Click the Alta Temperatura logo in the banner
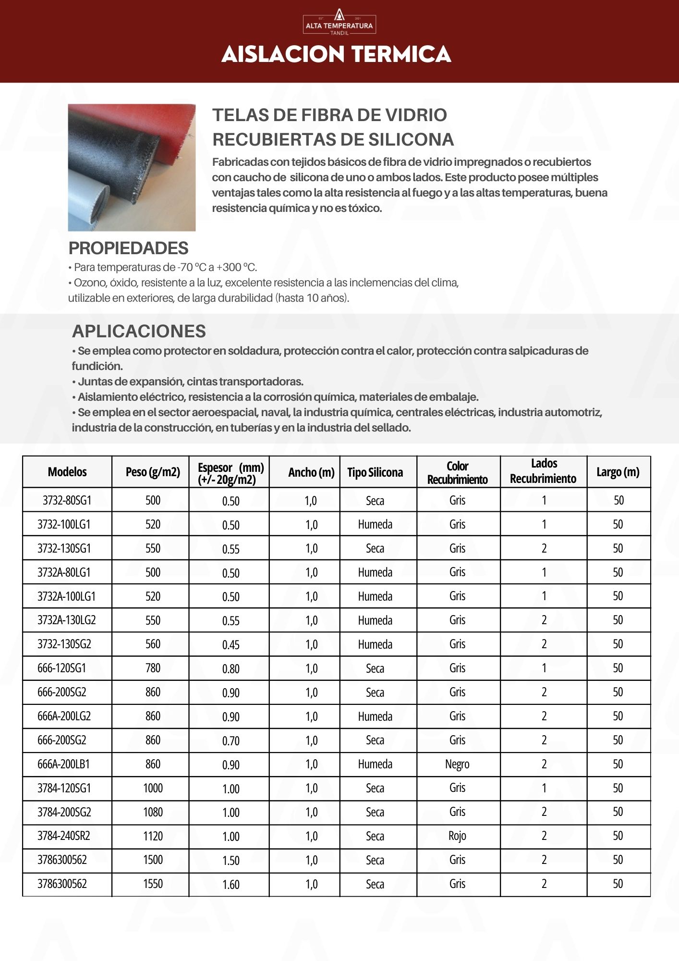339,22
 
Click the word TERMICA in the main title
401,54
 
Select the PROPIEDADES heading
128,248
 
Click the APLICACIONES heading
139,331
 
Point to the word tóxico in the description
364,208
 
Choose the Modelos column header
67,472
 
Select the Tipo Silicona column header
375,472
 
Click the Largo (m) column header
618,472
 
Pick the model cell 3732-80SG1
67,500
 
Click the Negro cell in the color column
457,764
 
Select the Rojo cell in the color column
457,836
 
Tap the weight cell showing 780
153,668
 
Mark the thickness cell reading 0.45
230,644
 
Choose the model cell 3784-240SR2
64,836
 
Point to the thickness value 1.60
230,884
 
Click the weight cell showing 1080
153,812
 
